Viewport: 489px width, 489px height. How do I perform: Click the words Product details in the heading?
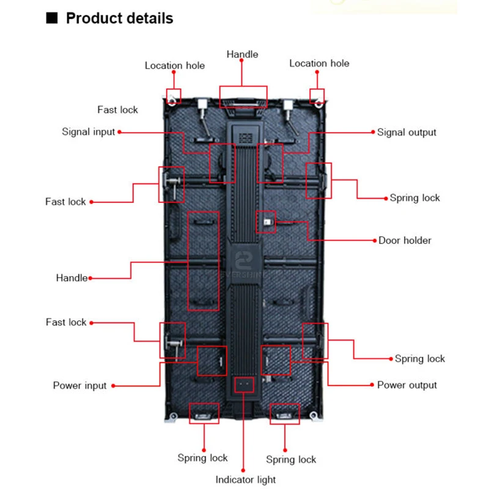[x=119, y=18]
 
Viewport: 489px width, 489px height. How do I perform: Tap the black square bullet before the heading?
[x=53, y=18]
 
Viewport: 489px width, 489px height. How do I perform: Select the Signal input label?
[x=89, y=132]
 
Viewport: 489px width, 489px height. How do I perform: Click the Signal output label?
[x=406, y=132]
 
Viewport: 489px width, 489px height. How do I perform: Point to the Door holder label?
[x=405, y=240]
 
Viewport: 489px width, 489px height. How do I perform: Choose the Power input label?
[x=79, y=386]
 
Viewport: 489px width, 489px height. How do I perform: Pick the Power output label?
[x=406, y=385]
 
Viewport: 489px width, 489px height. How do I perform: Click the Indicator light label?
[x=245, y=480]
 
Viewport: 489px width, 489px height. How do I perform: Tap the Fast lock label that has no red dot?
[x=117, y=110]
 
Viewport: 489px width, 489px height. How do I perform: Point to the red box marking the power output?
[x=276, y=360]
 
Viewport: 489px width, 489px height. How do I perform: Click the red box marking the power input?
[x=212, y=361]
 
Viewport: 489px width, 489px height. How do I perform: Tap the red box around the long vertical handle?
[x=203, y=261]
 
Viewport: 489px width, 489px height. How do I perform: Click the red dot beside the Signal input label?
[x=120, y=132]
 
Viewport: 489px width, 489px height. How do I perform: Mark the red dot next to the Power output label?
[x=371, y=385]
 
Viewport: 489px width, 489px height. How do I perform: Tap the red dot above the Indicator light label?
[x=244, y=466]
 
